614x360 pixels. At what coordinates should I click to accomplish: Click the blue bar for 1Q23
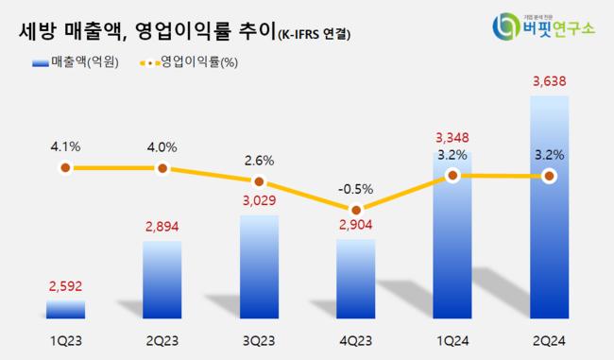(65, 309)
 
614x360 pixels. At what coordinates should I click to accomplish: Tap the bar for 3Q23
(259, 266)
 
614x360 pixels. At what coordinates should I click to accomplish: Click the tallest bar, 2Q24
(550, 208)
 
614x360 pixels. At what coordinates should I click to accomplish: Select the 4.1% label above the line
(65, 146)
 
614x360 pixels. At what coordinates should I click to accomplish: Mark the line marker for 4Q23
(356, 210)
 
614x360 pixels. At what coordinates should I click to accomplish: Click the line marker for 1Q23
(65, 168)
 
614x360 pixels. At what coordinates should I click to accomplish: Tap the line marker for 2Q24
(550, 176)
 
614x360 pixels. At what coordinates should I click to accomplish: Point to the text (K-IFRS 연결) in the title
(312, 35)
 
